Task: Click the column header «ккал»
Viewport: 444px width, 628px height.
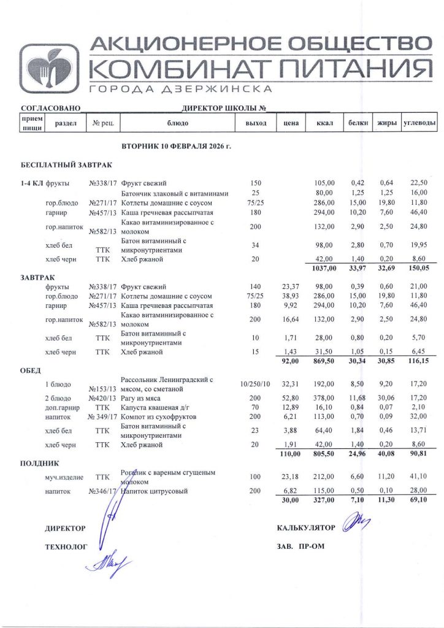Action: tap(324, 123)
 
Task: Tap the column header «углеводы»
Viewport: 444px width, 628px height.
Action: tap(419, 123)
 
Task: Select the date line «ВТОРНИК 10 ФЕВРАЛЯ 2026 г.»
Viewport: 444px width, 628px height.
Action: tap(174, 148)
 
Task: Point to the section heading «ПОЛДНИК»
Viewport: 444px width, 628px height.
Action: tap(40, 464)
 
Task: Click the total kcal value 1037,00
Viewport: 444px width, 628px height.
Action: tap(323, 268)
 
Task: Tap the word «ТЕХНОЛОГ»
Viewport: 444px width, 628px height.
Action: tap(63, 546)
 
